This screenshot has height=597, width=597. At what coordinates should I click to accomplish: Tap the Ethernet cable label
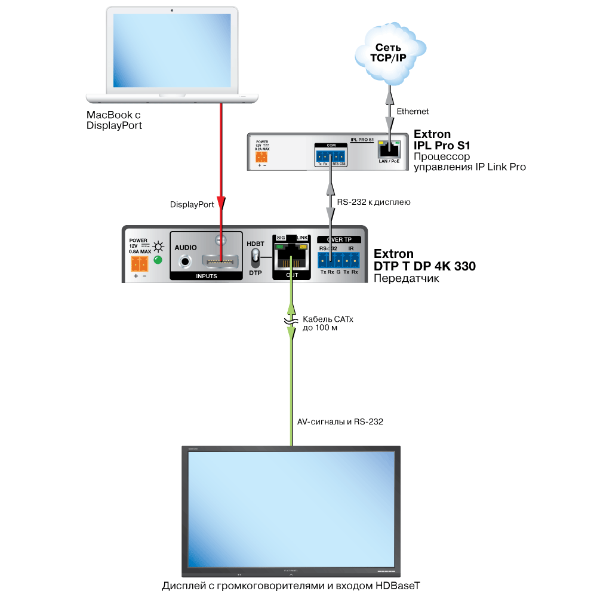(413, 112)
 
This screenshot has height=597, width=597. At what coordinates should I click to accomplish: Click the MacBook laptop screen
(171, 51)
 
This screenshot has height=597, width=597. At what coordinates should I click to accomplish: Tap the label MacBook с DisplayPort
(115, 121)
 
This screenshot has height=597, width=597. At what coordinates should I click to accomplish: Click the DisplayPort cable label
(192, 204)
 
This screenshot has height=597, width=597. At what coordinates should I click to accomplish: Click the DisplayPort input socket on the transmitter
(221, 261)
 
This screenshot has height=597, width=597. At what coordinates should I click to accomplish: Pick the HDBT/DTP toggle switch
(256, 257)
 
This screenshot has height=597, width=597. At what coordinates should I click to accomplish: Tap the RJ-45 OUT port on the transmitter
(291, 257)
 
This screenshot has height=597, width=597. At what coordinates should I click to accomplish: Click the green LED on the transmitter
(158, 260)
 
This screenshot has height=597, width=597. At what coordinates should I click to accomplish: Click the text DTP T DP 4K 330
(424, 267)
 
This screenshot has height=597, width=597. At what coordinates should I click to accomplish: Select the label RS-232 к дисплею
(373, 202)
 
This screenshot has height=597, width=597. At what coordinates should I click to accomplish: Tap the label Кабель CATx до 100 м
(328, 324)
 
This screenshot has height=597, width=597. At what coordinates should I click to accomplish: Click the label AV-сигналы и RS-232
(340, 421)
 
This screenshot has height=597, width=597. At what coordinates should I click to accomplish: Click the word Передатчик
(406, 278)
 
